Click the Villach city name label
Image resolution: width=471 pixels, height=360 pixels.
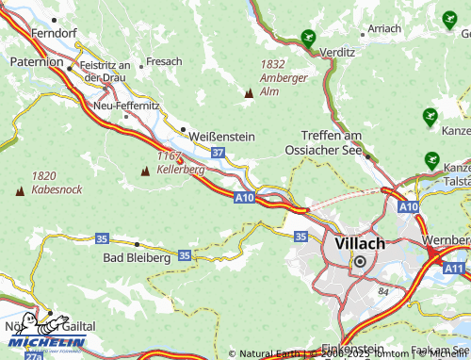(360, 243)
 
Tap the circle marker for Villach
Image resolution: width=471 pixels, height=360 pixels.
(359, 261)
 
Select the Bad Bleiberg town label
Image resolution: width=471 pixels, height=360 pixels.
(137, 257)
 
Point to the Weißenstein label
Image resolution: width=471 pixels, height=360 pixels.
(222, 136)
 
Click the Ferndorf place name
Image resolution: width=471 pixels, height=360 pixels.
(53, 32)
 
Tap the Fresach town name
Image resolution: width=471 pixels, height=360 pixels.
(164, 61)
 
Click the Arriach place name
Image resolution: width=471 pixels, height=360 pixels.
(384, 29)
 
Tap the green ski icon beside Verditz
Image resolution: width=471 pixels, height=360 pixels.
(307, 39)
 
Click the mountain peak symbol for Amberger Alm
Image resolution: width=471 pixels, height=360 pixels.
(249, 93)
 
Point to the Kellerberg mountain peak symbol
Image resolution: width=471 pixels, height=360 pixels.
(145, 172)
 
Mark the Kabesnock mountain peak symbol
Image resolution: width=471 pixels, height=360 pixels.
(20, 191)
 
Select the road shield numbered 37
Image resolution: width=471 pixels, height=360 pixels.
(218, 152)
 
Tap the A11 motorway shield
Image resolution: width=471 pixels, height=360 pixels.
(454, 269)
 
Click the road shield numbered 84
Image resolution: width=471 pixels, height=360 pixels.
(383, 291)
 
